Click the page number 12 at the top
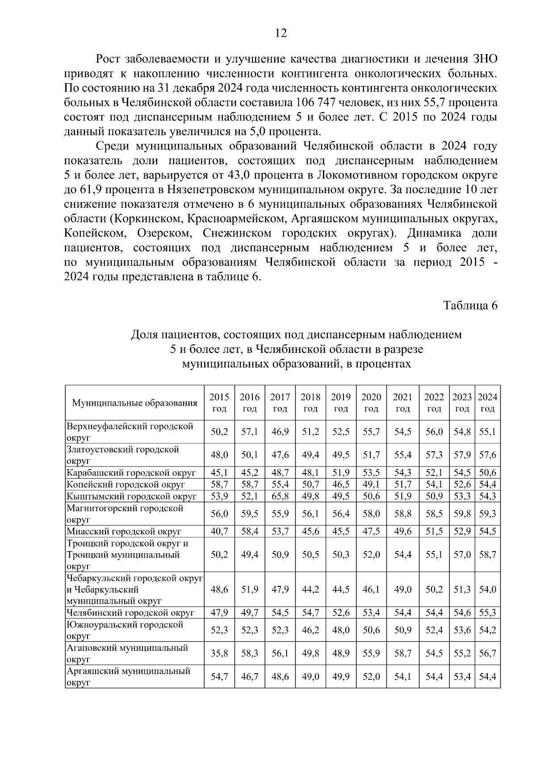coord(281,33)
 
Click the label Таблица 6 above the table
coord(470,305)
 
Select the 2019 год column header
coord(341,403)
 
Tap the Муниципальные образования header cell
coord(134,403)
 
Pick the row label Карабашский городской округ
coord(131,473)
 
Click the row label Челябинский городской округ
coord(130,613)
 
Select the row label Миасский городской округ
coord(124,531)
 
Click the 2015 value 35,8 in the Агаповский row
coord(219,653)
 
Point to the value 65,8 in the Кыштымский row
coord(280,496)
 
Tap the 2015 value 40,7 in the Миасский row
coord(219,531)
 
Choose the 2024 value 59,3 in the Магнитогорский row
coord(488,514)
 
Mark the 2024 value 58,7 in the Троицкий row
coord(488,555)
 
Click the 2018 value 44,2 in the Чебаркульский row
coord(310,589)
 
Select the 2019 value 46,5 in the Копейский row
coord(341,484)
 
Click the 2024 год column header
coord(488,403)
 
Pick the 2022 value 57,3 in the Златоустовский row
coord(434,455)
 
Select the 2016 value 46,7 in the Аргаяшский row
coord(250,677)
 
